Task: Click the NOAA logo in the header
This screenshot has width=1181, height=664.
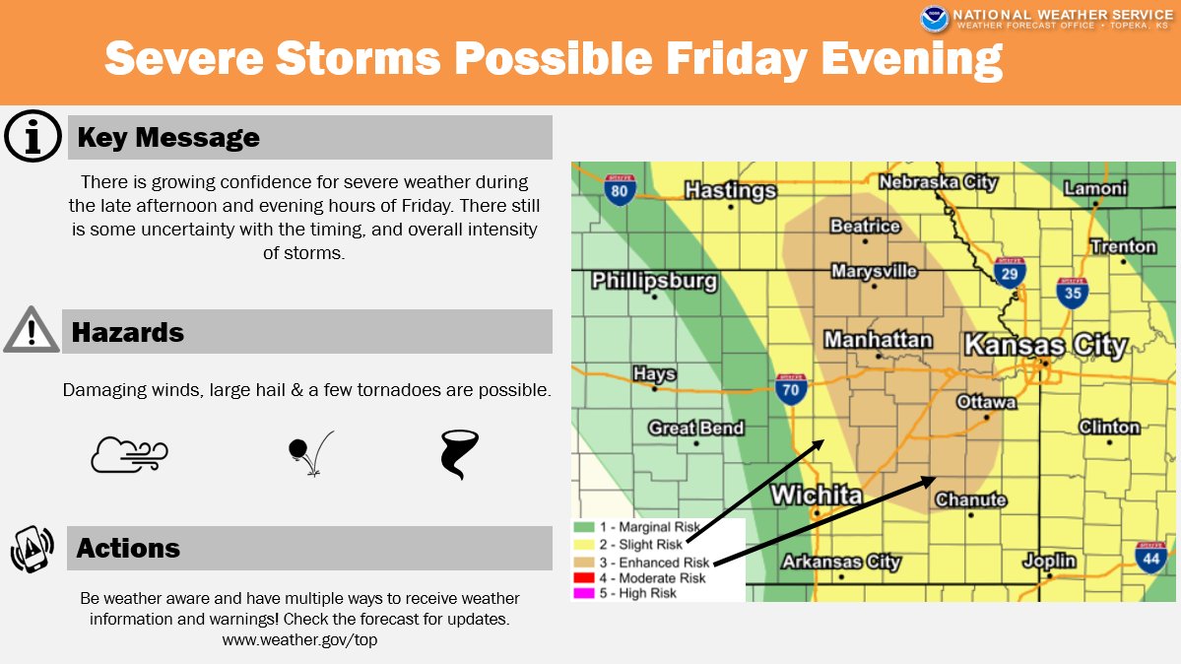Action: point(935,18)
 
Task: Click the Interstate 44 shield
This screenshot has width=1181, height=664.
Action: point(1150,556)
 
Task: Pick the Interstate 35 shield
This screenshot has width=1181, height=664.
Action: point(1073,293)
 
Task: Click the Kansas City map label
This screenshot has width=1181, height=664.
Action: point(1045,345)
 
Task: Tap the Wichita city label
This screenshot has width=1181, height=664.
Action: point(817,495)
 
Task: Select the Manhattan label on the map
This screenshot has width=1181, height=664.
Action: point(878,340)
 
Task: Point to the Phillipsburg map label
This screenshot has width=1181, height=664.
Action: point(654,281)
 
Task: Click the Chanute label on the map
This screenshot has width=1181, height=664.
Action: point(970,500)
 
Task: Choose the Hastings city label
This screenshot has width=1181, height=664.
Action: point(731,190)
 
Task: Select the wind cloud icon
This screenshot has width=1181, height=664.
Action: point(129,454)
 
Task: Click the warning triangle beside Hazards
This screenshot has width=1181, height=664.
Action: point(32,331)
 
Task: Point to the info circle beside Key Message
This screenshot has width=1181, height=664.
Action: point(33,137)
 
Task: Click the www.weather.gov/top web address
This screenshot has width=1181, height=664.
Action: point(299,640)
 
